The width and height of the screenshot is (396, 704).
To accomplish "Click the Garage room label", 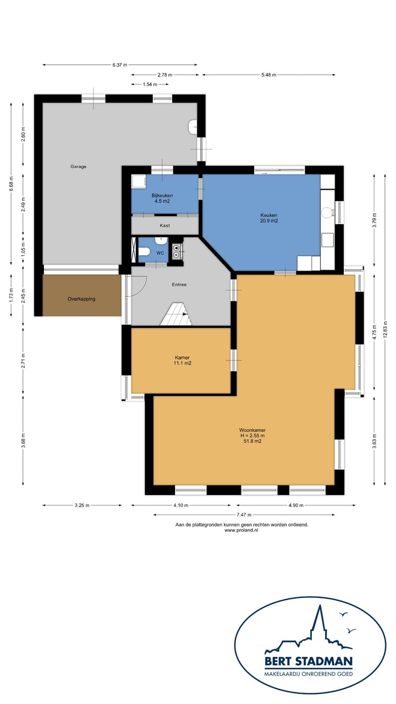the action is click(x=78, y=167).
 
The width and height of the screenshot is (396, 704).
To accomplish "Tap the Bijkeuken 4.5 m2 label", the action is click(x=162, y=199).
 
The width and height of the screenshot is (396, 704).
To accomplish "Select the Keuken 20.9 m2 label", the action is click(x=269, y=218).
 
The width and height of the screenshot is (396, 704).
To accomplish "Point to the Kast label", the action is click(x=164, y=226).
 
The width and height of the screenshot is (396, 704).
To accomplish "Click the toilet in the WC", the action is click(x=144, y=251).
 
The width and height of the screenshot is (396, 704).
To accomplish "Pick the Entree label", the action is click(x=179, y=284).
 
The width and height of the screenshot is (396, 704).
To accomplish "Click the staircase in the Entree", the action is click(x=177, y=314).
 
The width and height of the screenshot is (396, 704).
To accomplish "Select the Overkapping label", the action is click(x=81, y=299).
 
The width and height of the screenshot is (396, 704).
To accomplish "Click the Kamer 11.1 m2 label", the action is click(x=182, y=360).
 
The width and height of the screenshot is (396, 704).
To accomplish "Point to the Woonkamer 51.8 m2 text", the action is click(x=252, y=436).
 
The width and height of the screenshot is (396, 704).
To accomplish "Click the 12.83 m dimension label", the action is click(x=386, y=331).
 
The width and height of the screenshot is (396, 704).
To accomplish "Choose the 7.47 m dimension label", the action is click(x=244, y=515).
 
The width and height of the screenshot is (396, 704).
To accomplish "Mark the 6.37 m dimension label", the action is click(x=120, y=65).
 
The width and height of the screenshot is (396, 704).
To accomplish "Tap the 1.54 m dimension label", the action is click(x=150, y=84).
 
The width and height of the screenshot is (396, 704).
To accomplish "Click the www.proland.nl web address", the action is click(x=241, y=530).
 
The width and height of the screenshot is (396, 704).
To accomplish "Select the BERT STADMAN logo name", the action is click(x=309, y=661).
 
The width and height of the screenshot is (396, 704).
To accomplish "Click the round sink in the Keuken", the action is click(x=327, y=212).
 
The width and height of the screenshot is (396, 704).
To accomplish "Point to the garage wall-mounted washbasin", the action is click(x=192, y=127).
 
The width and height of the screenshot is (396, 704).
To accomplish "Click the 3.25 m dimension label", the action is click(x=82, y=505).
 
